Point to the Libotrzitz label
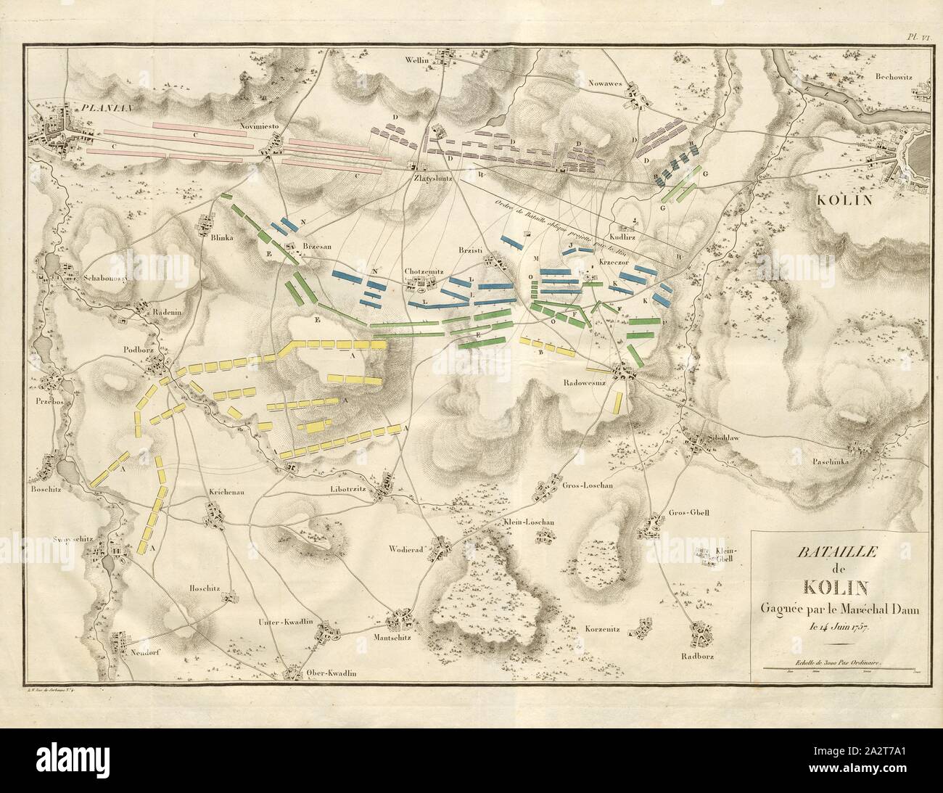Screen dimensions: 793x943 [x=355, y=491]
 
